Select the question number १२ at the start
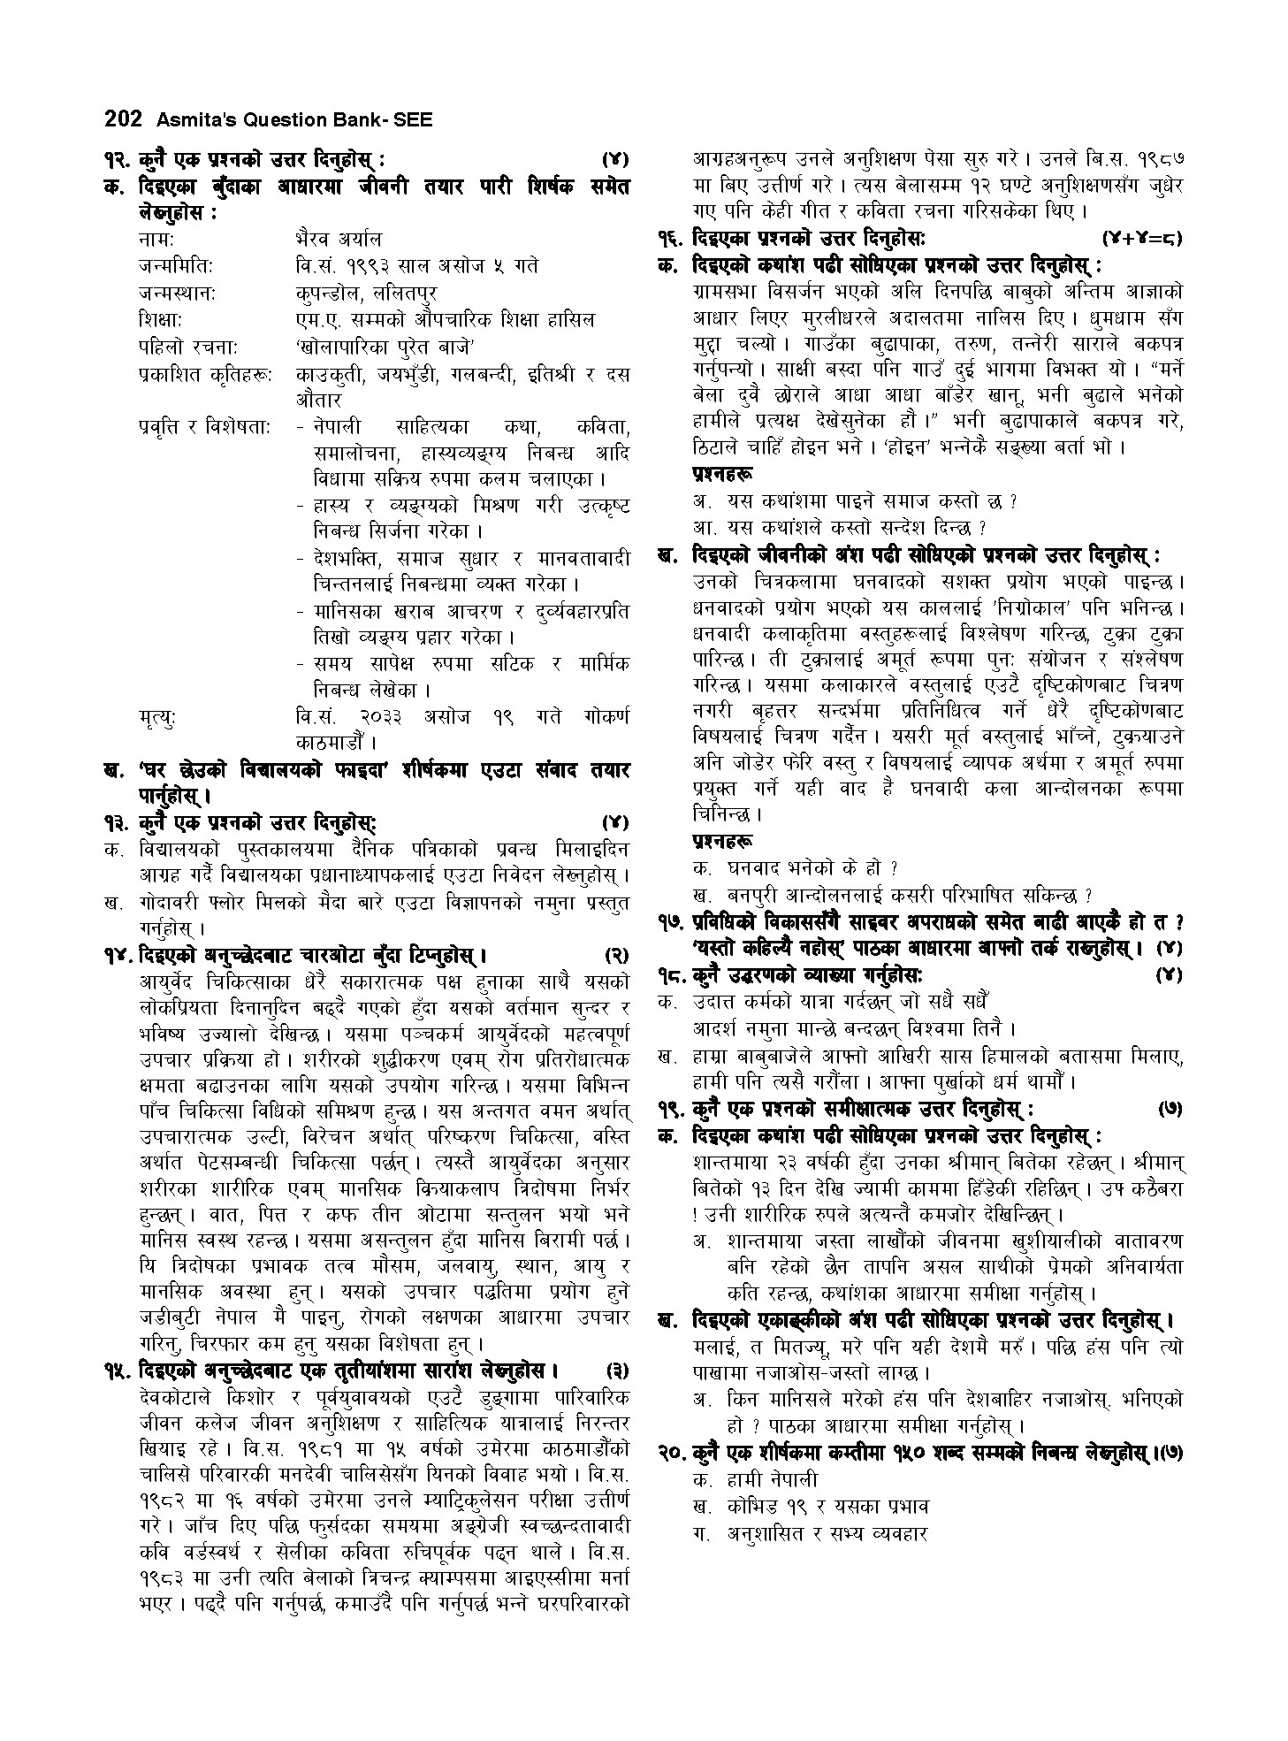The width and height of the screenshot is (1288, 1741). pyautogui.click(x=117, y=160)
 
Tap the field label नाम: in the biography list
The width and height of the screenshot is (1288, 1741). pyautogui.click(x=155, y=240)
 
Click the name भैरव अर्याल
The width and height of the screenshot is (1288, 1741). pyautogui.click(x=339, y=240)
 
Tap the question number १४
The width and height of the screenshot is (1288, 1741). pyautogui.click(x=117, y=956)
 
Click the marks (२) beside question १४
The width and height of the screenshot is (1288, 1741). pyautogui.click(x=615, y=956)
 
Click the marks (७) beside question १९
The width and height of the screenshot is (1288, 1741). pyautogui.click(x=1169, y=1109)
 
